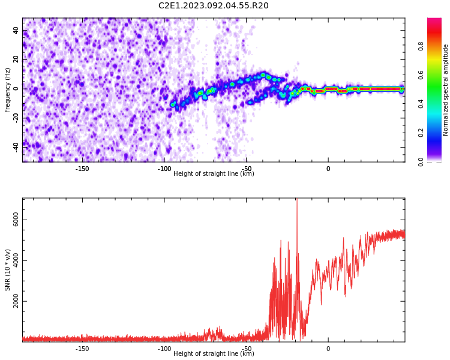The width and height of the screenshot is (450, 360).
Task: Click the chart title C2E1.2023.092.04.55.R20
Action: [213, 5]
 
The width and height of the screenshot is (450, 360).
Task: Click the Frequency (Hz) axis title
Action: [7, 90]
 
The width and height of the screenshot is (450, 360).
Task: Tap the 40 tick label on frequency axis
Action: [16, 30]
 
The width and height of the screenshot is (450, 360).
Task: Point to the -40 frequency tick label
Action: [16, 147]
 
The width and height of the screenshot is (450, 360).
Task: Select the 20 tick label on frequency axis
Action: [16, 59]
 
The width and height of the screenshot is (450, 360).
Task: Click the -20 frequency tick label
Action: [16, 118]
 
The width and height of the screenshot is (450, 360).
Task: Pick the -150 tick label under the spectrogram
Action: [82, 169]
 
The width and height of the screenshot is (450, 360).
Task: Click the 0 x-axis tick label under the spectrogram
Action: [328, 169]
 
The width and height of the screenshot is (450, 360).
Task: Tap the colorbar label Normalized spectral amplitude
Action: [445, 90]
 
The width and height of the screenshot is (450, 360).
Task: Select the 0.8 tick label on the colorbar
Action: [421, 46]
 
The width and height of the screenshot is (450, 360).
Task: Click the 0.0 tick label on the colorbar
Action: [421, 161]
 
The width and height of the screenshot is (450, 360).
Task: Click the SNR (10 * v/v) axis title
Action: [7, 270]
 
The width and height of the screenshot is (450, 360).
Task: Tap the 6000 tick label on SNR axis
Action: [16, 220]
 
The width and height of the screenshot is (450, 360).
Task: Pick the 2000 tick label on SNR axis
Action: [16, 301]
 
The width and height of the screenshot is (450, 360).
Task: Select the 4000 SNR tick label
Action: [16, 260]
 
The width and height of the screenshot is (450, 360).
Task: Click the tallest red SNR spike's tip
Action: [297, 199]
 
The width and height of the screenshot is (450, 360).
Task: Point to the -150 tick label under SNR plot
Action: [82, 349]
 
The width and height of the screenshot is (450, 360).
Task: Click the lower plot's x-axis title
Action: [214, 353]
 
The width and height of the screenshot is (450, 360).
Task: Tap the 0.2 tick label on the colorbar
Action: [421, 133]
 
